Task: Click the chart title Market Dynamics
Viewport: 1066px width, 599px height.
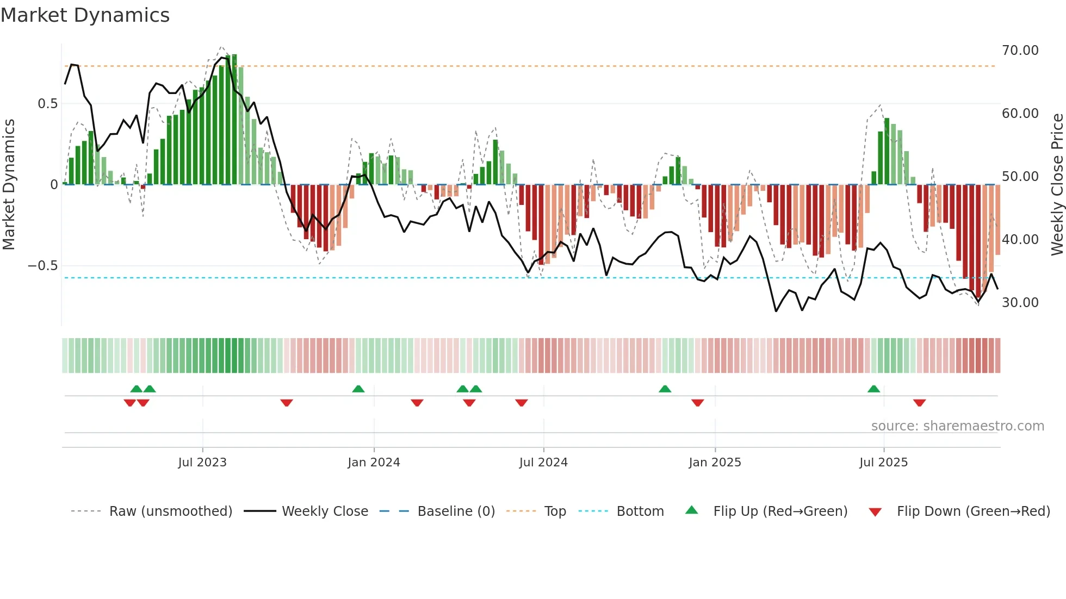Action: pos(85,15)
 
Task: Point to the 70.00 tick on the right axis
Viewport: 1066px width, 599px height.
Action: pos(1020,51)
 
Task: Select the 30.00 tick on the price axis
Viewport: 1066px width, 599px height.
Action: pos(1020,303)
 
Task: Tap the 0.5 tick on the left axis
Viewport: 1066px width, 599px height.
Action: pos(47,104)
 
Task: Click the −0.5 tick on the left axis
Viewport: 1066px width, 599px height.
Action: pos(42,266)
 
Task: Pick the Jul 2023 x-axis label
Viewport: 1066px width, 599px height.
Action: pos(202,463)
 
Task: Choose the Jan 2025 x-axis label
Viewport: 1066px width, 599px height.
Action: pos(715,463)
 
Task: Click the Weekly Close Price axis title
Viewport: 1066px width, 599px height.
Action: pos(1057,185)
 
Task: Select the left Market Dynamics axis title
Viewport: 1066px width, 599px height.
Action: pos(9,185)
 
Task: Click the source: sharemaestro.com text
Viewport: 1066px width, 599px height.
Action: pos(957,426)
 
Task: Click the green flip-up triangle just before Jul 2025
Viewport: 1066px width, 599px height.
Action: pos(873,389)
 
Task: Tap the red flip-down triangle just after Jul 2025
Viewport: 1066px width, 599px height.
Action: pos(919,403)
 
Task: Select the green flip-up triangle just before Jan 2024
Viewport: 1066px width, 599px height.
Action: pos(358,389)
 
